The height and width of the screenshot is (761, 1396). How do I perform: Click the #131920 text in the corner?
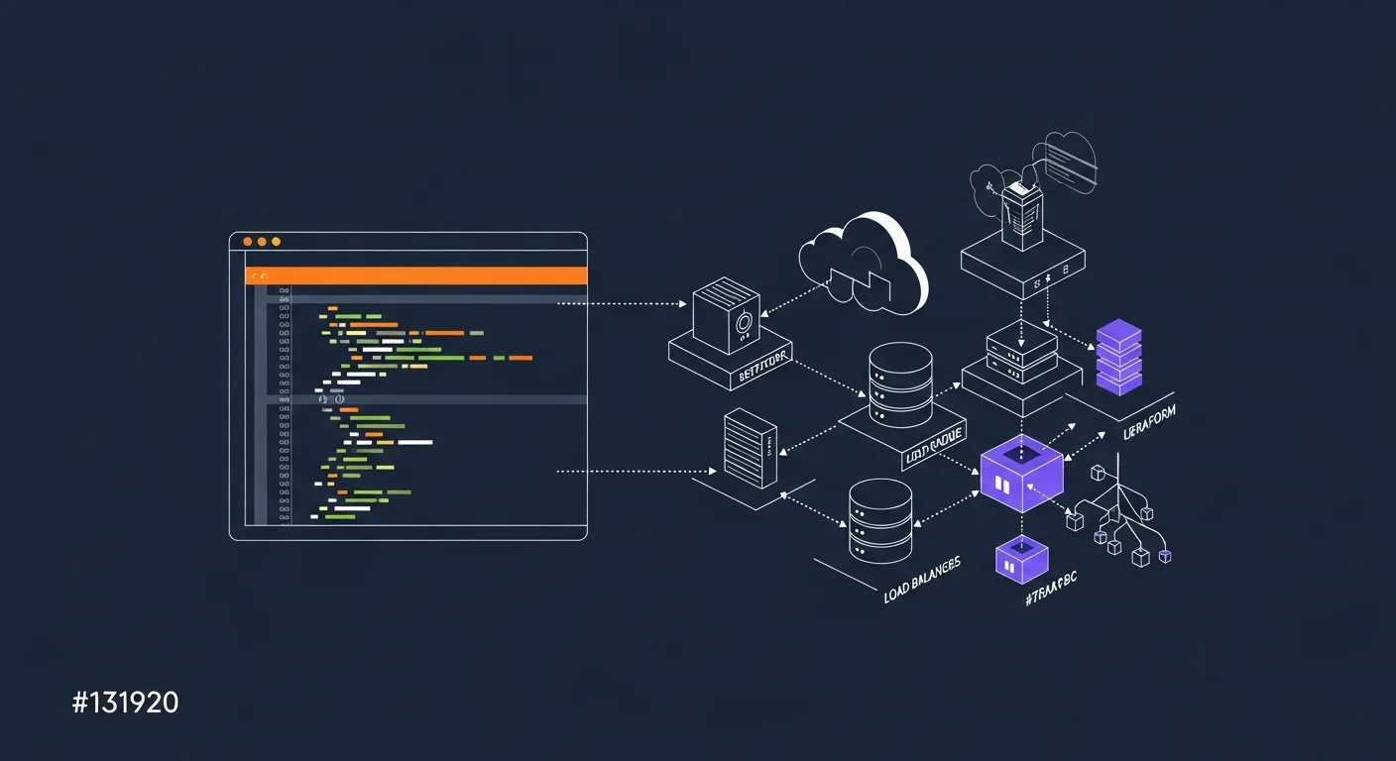125,704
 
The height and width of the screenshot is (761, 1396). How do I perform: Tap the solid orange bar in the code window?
416,275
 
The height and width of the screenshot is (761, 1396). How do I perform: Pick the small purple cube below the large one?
1021,560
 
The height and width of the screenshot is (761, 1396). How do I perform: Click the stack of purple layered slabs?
1119,357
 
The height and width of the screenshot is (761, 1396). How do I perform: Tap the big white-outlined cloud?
865,262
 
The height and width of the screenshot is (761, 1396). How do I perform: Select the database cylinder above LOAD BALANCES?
880,521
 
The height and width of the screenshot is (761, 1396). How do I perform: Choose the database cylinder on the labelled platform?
900,385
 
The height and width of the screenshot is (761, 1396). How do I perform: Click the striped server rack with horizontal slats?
750,448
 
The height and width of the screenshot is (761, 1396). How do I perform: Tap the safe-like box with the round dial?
726,314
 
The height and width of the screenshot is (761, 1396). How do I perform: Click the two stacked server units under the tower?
1022,352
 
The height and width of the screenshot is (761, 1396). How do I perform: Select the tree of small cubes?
1120,515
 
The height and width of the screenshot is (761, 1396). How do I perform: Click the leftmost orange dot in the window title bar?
248,242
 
